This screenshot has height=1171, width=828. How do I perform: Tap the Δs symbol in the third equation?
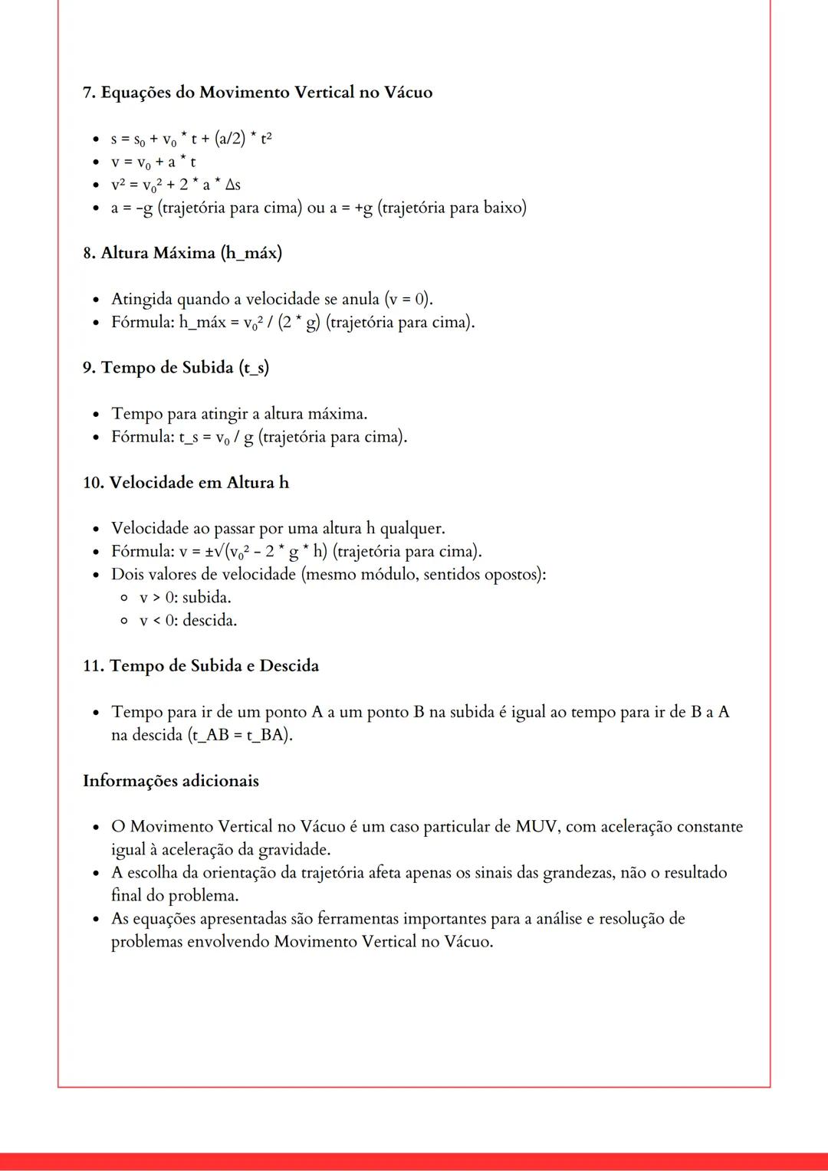coord(232,185)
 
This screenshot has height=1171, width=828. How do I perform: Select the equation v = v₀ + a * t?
coord(153,162)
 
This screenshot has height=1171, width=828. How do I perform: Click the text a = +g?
coord(351,208)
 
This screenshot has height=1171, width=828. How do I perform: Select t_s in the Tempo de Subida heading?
coord(254,368)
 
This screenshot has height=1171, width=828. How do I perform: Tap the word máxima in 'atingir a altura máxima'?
coord(337,414)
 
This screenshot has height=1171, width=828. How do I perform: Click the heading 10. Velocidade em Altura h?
coord(186,483)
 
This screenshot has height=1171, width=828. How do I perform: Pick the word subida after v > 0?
coord(206,598)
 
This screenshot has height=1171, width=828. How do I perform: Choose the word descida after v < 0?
coord(209,621)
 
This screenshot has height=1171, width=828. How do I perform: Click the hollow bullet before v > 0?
coord(124,598)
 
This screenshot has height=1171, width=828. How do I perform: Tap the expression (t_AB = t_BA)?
coord(240,735)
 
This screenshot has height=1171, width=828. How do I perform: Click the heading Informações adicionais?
coord(171,781)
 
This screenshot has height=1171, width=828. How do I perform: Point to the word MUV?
coord(536,827)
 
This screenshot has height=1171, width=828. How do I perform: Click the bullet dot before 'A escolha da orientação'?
coord(96,874)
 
